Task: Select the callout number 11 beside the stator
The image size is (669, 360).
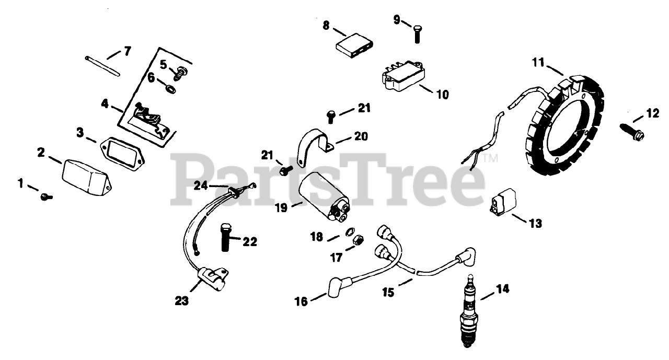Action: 538,63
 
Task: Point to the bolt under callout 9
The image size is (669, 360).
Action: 417,34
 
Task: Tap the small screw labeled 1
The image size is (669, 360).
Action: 46,196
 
